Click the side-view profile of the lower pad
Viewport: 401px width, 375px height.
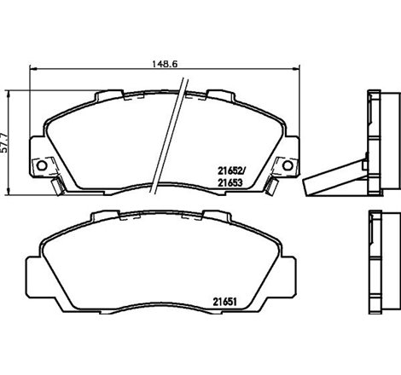[376, 264]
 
